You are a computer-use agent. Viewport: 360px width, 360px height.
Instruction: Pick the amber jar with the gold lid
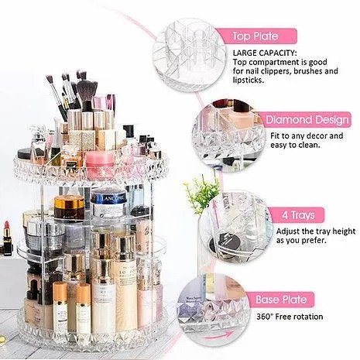pos(69,207)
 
